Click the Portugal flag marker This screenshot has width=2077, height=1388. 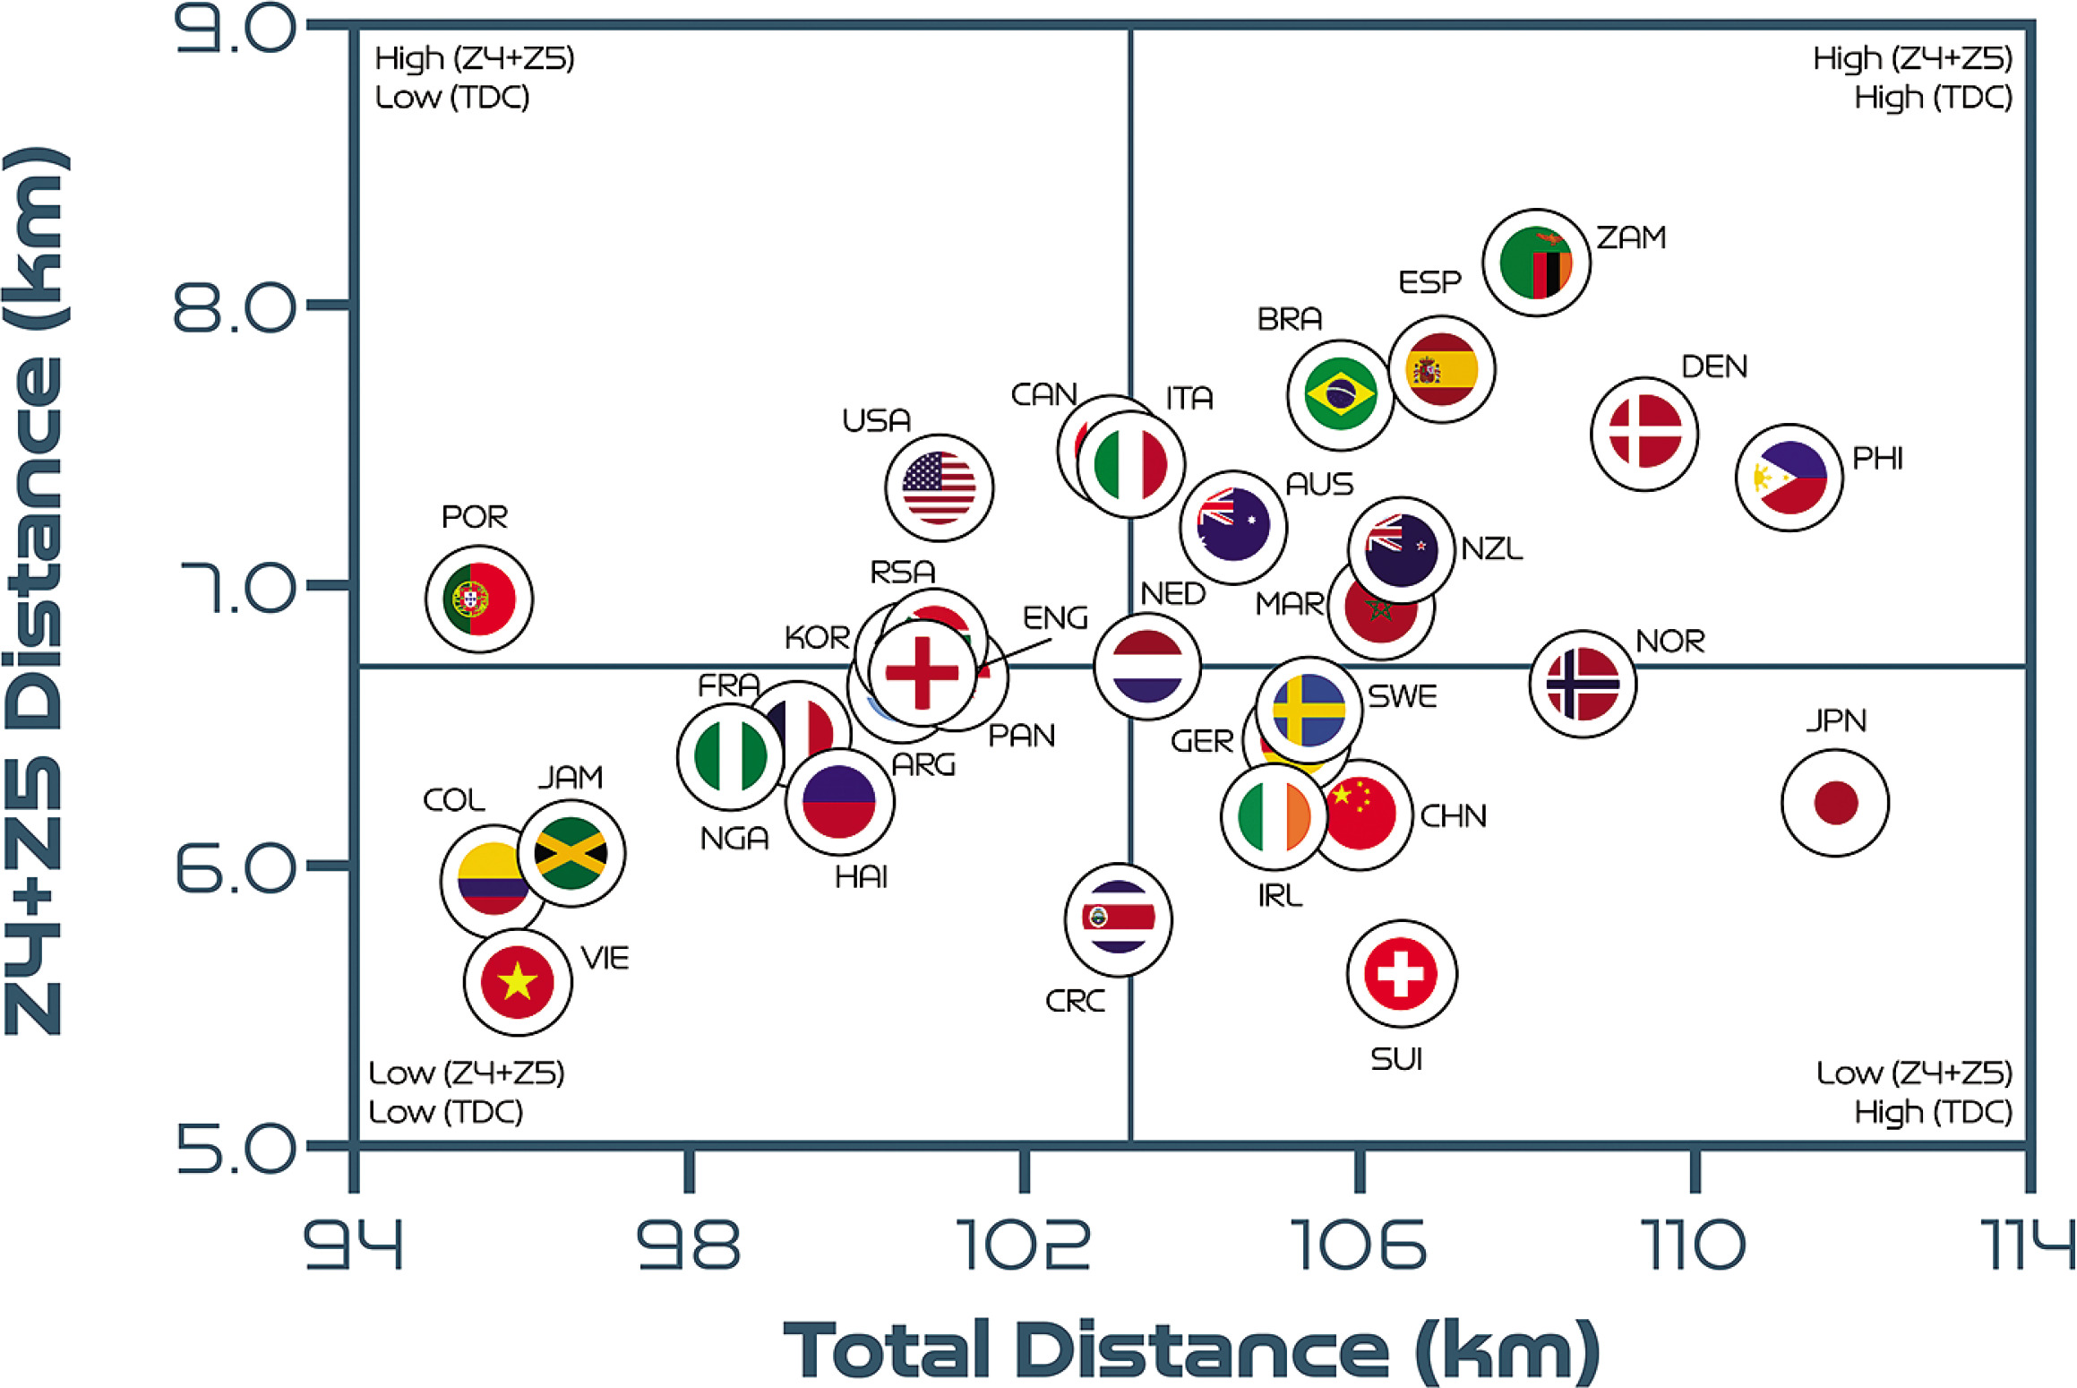point(479,599)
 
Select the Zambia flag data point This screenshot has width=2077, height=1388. point(1536,263)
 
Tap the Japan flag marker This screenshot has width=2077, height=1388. point(1835,802)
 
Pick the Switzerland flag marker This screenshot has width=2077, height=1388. point(1402,974)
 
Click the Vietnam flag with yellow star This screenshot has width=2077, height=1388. point(518,982)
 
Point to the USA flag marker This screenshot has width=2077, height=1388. point(939,488)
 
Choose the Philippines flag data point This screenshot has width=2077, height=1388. point(1789,478)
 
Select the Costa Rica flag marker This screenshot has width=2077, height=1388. point(1119,919)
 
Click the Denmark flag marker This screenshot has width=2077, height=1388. point(1644,434)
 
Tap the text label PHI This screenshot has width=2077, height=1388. point(1877,459)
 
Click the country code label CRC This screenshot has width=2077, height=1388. point(1075,1001)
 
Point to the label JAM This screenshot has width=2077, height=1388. point(571,777)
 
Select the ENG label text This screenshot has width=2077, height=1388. point(1055,617)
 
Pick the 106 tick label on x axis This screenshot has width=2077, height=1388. point(1359,1245)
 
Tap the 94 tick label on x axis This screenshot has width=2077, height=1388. point(354,1245)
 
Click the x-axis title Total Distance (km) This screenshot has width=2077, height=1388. point(1191,1349)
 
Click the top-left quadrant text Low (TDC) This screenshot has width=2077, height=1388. point(452,97)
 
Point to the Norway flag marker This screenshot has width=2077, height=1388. point(1583,684)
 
